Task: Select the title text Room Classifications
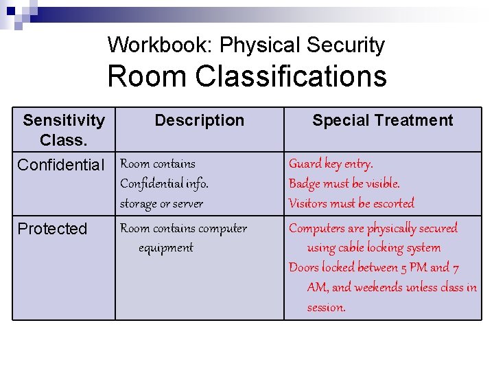point(247,76)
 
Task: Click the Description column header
point(199,120)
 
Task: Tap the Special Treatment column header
point(382,120)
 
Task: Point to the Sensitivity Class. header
point(64,130)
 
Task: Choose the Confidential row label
point(61,165)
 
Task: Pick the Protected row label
point(52,229)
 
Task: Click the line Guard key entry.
point(331,164)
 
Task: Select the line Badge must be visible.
point(344,183)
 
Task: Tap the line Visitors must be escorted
point(351,203)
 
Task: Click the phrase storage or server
point(161,203)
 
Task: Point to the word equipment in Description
point(165,248)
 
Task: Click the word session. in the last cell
point(326,308)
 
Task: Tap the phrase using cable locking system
point(373,248)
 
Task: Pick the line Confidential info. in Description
point(164,183)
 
